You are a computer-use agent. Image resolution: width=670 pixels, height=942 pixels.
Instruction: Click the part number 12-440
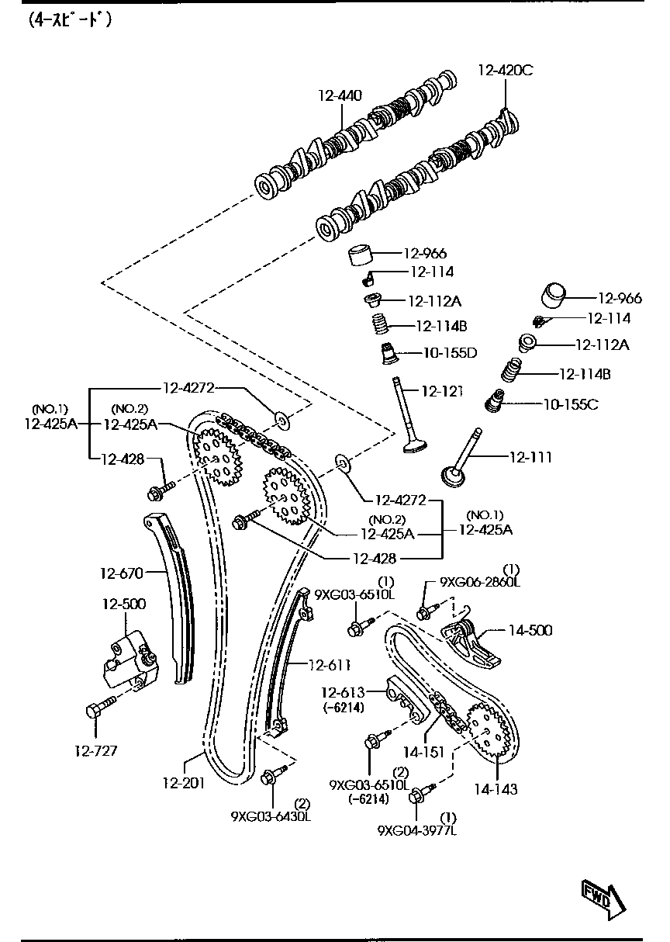coord(340,95)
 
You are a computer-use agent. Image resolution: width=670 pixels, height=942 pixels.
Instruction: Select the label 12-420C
coord(505,71)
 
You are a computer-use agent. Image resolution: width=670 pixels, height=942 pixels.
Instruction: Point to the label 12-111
coord(530,458)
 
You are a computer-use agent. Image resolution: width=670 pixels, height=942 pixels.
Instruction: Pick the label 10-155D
coord(449,353)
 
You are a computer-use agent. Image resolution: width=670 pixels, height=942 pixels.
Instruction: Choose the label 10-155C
coord(571,404)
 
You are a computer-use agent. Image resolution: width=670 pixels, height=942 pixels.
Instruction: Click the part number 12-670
coord(121,573)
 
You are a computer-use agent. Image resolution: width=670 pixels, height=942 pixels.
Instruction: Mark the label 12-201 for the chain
coord(184,782)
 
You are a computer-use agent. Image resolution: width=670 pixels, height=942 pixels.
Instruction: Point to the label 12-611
coord(330,665)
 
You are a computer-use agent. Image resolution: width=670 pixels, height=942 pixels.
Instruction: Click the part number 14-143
coord(496,789)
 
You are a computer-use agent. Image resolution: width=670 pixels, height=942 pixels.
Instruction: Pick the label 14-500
coord(530,630)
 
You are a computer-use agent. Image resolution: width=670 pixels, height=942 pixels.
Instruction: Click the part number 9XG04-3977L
coord(417,830)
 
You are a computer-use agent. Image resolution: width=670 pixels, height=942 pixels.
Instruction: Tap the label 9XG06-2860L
coord(480,581)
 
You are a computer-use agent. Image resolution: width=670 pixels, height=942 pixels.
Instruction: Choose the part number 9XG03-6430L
coord(270,816)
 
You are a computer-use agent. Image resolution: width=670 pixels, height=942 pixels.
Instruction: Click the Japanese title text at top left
coord(70,21)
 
